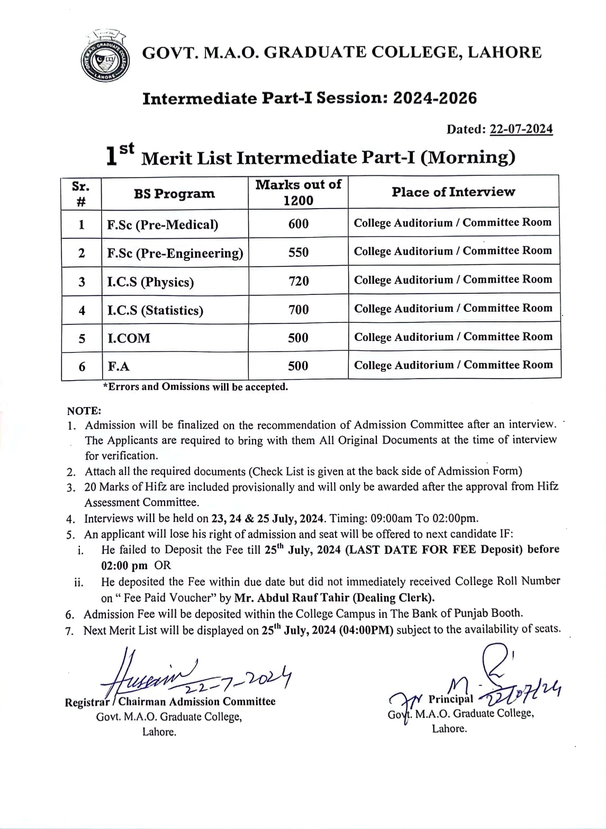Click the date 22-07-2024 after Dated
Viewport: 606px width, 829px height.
(521, 129)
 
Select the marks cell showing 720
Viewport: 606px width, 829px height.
(299, 281)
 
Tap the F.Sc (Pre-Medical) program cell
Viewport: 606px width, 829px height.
(162, 225)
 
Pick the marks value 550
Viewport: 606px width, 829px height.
(299, 253)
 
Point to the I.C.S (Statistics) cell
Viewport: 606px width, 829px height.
(155, 310)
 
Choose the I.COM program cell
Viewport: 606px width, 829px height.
(129, 338)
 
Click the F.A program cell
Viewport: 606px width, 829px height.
(119, 366)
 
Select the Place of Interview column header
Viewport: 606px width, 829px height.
(453, 192)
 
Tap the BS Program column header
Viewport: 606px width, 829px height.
(174, 194)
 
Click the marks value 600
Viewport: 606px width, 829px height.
(299, 224)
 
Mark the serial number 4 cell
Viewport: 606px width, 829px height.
(82, 310)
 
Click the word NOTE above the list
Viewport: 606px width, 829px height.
(84, 411)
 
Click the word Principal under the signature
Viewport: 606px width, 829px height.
(451, 699)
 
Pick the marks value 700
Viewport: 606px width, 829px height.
(299, 310)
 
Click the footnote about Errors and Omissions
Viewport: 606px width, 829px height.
(196, 387)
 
